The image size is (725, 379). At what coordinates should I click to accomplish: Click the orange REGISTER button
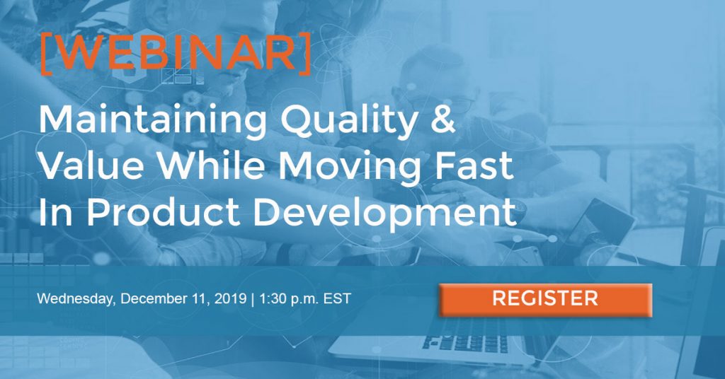(x=545, y=300)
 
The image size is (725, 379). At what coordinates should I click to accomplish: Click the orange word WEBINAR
(x=175, y=54)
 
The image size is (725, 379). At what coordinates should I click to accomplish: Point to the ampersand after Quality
(x=443, y=119)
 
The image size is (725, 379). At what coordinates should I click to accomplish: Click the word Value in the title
(x=91, y=165)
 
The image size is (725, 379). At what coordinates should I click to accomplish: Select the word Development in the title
(x=384, y=214)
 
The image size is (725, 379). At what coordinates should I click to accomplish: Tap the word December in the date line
(x=154, y=298)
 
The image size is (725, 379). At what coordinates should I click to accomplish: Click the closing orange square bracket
(x=304, y=54)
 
